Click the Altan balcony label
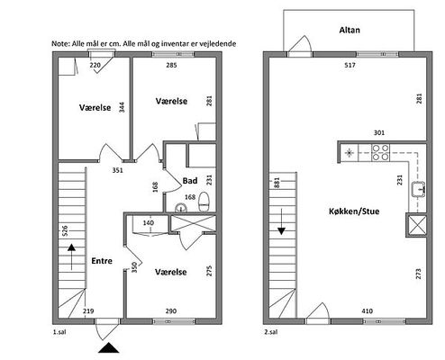click(x=350, y=30)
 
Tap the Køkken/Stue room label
click(x=354, y=211)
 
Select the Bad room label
click(x=190, y=181)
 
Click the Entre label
click(x=102, y=261)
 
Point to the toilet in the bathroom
click(x=204, y=202)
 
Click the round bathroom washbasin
click(x=181, y=208)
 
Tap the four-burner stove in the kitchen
click(x=381, y=153)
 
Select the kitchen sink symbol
click(x=419, y=189)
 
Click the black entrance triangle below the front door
click(x=109, y=348)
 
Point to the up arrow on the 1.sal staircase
click(x=71, y=256)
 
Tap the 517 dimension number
click(x=350, y=65)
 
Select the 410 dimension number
click(x=368, y=310)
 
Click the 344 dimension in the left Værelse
click(x=122, y=107)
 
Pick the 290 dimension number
click(x=171, y=310)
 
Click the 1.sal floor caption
click(x=59, y=332)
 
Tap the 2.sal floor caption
click(x=271, y=332)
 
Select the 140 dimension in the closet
click(x=149, y=222)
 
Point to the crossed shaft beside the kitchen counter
click(x=416, y=225)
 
